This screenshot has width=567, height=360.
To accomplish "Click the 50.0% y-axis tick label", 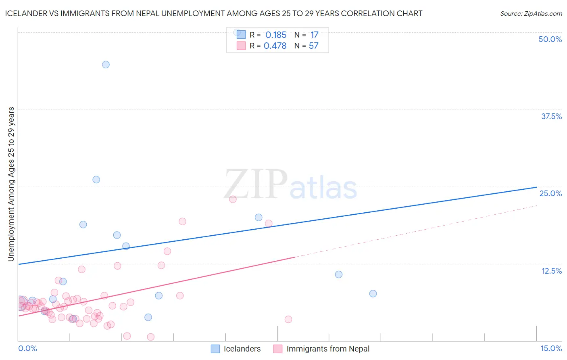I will click(550, 39).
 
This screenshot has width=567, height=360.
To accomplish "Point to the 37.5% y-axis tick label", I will click(551, 116).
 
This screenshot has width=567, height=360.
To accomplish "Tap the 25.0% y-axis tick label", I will click(550, 193).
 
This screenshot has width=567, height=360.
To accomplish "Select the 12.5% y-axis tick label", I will click(551, 271).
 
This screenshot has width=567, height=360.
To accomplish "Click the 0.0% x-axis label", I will click(27, 348).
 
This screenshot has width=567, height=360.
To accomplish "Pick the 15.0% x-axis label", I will click(551, 348).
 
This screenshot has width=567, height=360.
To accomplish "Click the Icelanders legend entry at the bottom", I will click(242, 349).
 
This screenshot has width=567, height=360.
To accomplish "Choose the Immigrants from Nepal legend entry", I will click(327, 349).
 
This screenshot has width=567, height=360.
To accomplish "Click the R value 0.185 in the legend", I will click(276, 35).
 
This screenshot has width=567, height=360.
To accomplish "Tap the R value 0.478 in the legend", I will click(275, 46).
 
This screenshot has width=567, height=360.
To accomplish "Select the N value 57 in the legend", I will click(314, 46).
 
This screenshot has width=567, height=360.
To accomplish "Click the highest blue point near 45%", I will click(106, 65).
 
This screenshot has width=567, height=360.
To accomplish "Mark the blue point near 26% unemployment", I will click(96, 180).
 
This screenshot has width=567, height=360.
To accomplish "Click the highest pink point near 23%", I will click(233, 199).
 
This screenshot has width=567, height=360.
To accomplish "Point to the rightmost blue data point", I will click(373, 293).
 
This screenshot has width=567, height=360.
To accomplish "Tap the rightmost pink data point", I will click(288, 319).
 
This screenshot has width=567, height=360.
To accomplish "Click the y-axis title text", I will click(11, 184).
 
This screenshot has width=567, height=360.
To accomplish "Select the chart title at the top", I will click(214, 13).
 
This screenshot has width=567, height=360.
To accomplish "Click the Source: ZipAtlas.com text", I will click(531, 13).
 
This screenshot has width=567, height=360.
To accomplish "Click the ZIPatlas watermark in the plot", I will click(290, 185).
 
